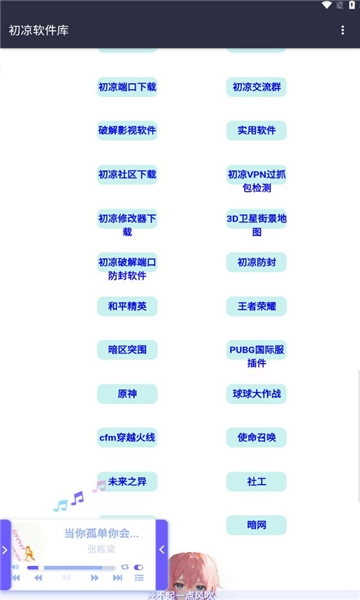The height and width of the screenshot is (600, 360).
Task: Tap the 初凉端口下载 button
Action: (127, 87)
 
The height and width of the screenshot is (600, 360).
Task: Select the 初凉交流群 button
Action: (256, 87)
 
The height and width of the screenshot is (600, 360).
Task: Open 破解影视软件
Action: (127, 130)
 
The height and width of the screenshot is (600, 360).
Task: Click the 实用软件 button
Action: (256, 130)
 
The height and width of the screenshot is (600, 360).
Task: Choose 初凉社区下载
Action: (127, 174)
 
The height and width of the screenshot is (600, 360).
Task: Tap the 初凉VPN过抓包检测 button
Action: (256, 180)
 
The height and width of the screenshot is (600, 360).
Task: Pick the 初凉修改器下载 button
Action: (127, 224)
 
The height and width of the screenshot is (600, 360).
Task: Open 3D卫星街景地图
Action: (256, 224)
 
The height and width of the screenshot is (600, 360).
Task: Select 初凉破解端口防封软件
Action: (127, 268)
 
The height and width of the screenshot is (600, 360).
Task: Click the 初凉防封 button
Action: (256, 262)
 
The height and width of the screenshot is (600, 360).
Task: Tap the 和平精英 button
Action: (127, 306)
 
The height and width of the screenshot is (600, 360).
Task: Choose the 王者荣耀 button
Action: (256, 306)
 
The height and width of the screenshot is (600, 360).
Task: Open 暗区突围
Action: (127, 350)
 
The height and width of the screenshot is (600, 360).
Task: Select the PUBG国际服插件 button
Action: (256, 356)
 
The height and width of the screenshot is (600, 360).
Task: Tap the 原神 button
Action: (127, 394)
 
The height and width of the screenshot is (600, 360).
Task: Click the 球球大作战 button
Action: (256, 394)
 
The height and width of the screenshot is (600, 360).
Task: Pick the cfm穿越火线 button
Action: (127, 437)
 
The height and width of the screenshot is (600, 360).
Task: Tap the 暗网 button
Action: (256, 524)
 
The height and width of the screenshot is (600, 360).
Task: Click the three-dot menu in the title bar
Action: (343, 30)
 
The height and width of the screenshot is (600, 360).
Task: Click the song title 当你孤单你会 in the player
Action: (101, 533)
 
